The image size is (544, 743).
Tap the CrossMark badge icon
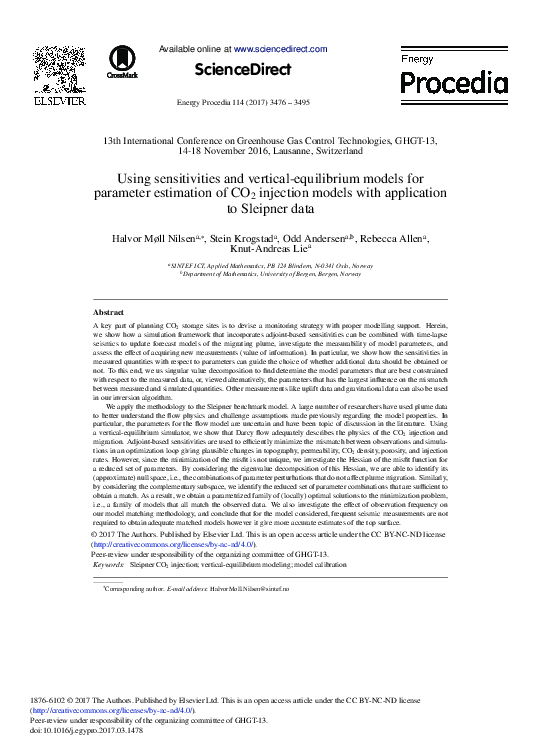tap(122, 60)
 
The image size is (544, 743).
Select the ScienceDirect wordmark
tap(243, 70)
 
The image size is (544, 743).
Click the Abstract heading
tap(108, 313)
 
